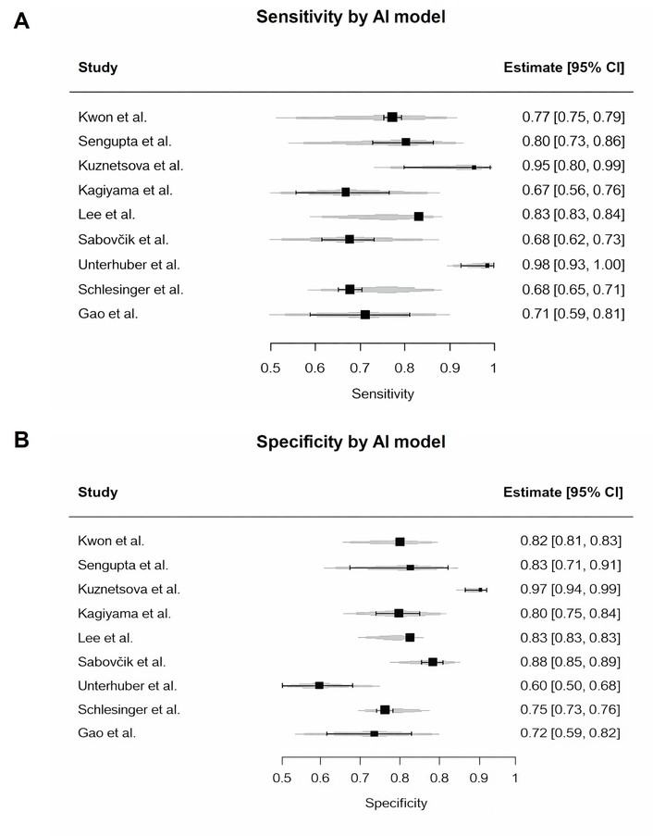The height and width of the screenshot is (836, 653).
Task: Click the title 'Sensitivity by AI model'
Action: (351, 16)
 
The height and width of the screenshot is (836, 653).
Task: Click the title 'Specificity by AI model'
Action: (351, 443)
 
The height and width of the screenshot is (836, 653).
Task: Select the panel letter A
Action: (21, 21)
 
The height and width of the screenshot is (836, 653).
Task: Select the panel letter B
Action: (21, 438)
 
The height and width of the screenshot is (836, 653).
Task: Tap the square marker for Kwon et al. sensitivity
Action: (392, 118)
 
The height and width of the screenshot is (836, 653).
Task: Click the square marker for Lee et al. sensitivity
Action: (419, 217)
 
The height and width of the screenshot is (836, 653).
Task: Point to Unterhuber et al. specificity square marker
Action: (319, 686)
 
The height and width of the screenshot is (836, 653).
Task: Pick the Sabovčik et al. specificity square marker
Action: (433, 662)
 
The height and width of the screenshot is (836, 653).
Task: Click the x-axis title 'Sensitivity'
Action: (383, 394)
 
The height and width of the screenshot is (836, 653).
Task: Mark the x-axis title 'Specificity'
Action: (398, 802)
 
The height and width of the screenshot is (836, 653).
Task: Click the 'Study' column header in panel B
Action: (98, 493)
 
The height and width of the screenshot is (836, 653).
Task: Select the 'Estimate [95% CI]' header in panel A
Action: (563, 68)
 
